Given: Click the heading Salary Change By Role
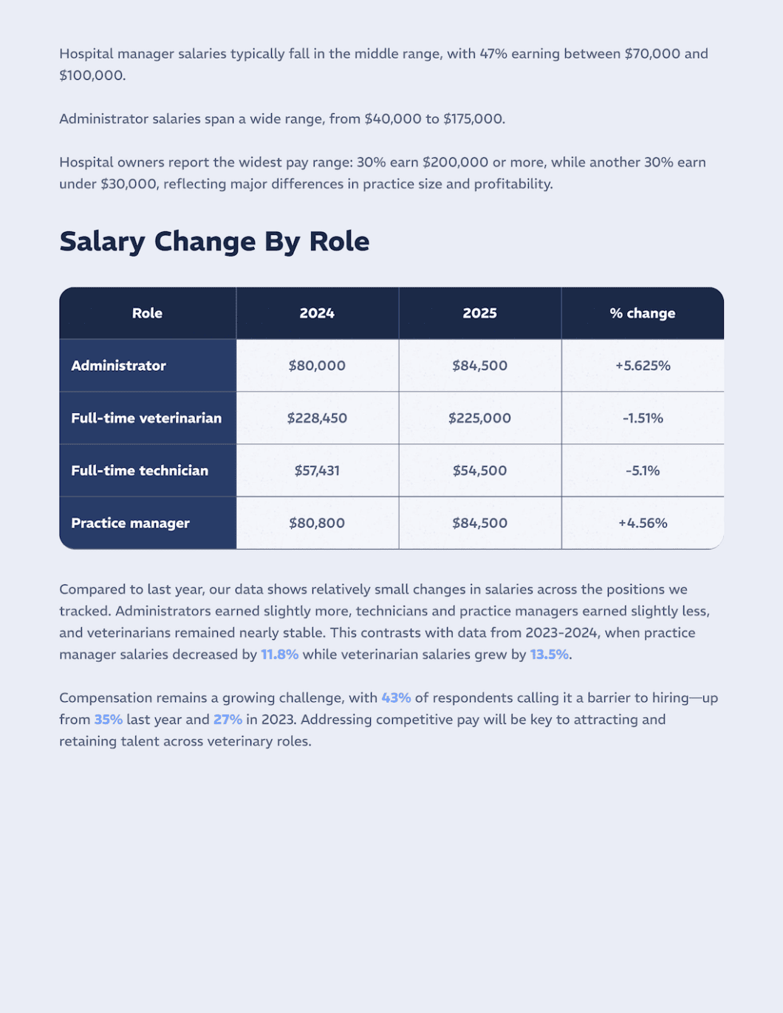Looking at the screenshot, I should [x=214, y=242].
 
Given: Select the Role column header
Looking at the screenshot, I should [x=147, y=313].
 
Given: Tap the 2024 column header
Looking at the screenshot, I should [x=317, y=313].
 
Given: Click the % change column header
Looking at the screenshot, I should [x=642, y=313].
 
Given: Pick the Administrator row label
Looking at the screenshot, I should [x=118, y=366].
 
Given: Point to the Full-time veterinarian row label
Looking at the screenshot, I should [x=146, y=418].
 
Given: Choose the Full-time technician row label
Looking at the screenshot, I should [x=140, y=471].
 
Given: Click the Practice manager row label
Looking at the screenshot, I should [x=130, y=523].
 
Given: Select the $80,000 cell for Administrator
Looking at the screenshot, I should [x=317, y=366].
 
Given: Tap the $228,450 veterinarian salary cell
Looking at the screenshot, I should [x=317, y=418].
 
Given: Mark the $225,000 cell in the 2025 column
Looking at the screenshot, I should [x=479, y=418].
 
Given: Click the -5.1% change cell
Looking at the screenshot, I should [x=643, y=471].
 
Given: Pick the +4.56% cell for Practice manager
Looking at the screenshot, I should [x=643, y=523].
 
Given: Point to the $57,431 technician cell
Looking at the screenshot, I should [x=317, y=471].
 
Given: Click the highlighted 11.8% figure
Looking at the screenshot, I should [x=279, y=655].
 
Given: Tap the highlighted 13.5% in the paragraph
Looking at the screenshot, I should [x=549, y=655].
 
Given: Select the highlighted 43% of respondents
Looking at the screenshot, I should [x=396, y=698].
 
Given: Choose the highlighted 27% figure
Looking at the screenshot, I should [x=228, y=720].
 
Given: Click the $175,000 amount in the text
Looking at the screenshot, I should [x=473, y=119].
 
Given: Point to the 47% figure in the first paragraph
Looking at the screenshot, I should [x=493, y=54].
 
